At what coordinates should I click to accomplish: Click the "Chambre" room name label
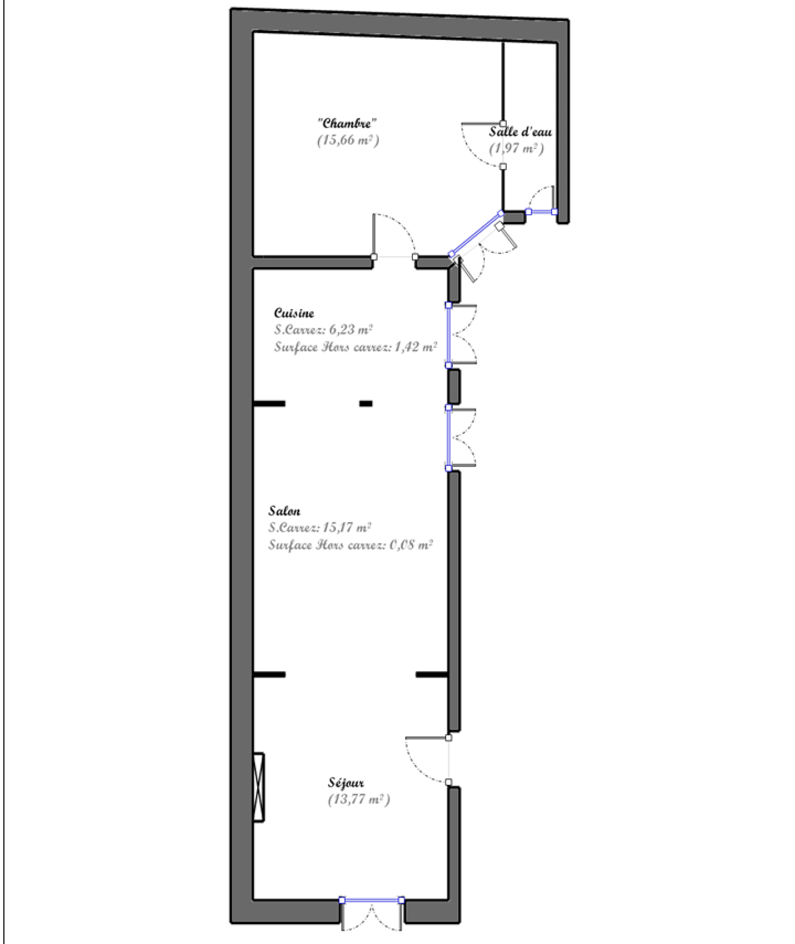coord(347,123)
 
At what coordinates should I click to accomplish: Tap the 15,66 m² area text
coord(348,140)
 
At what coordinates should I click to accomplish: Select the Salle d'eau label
coord(520,132)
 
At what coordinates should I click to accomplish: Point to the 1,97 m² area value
coord(516,149)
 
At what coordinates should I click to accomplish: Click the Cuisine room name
coord(294,313)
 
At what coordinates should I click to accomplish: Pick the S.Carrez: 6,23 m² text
coord(323,329)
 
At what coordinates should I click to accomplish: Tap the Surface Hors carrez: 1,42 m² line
coord(356,347)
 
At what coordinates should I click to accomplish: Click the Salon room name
coord(284,511)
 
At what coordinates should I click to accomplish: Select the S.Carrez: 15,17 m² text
coord(320,527)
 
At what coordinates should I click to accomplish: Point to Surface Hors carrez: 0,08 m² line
coord(351,545)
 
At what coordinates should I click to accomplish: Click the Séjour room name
coord(346,783)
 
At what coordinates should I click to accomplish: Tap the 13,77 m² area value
coord(359,799)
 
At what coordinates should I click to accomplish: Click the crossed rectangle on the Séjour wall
coord(258,787)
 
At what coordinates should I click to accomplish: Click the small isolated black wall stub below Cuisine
coord(366,404)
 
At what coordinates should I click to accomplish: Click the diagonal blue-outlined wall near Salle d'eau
coord(476,234)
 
